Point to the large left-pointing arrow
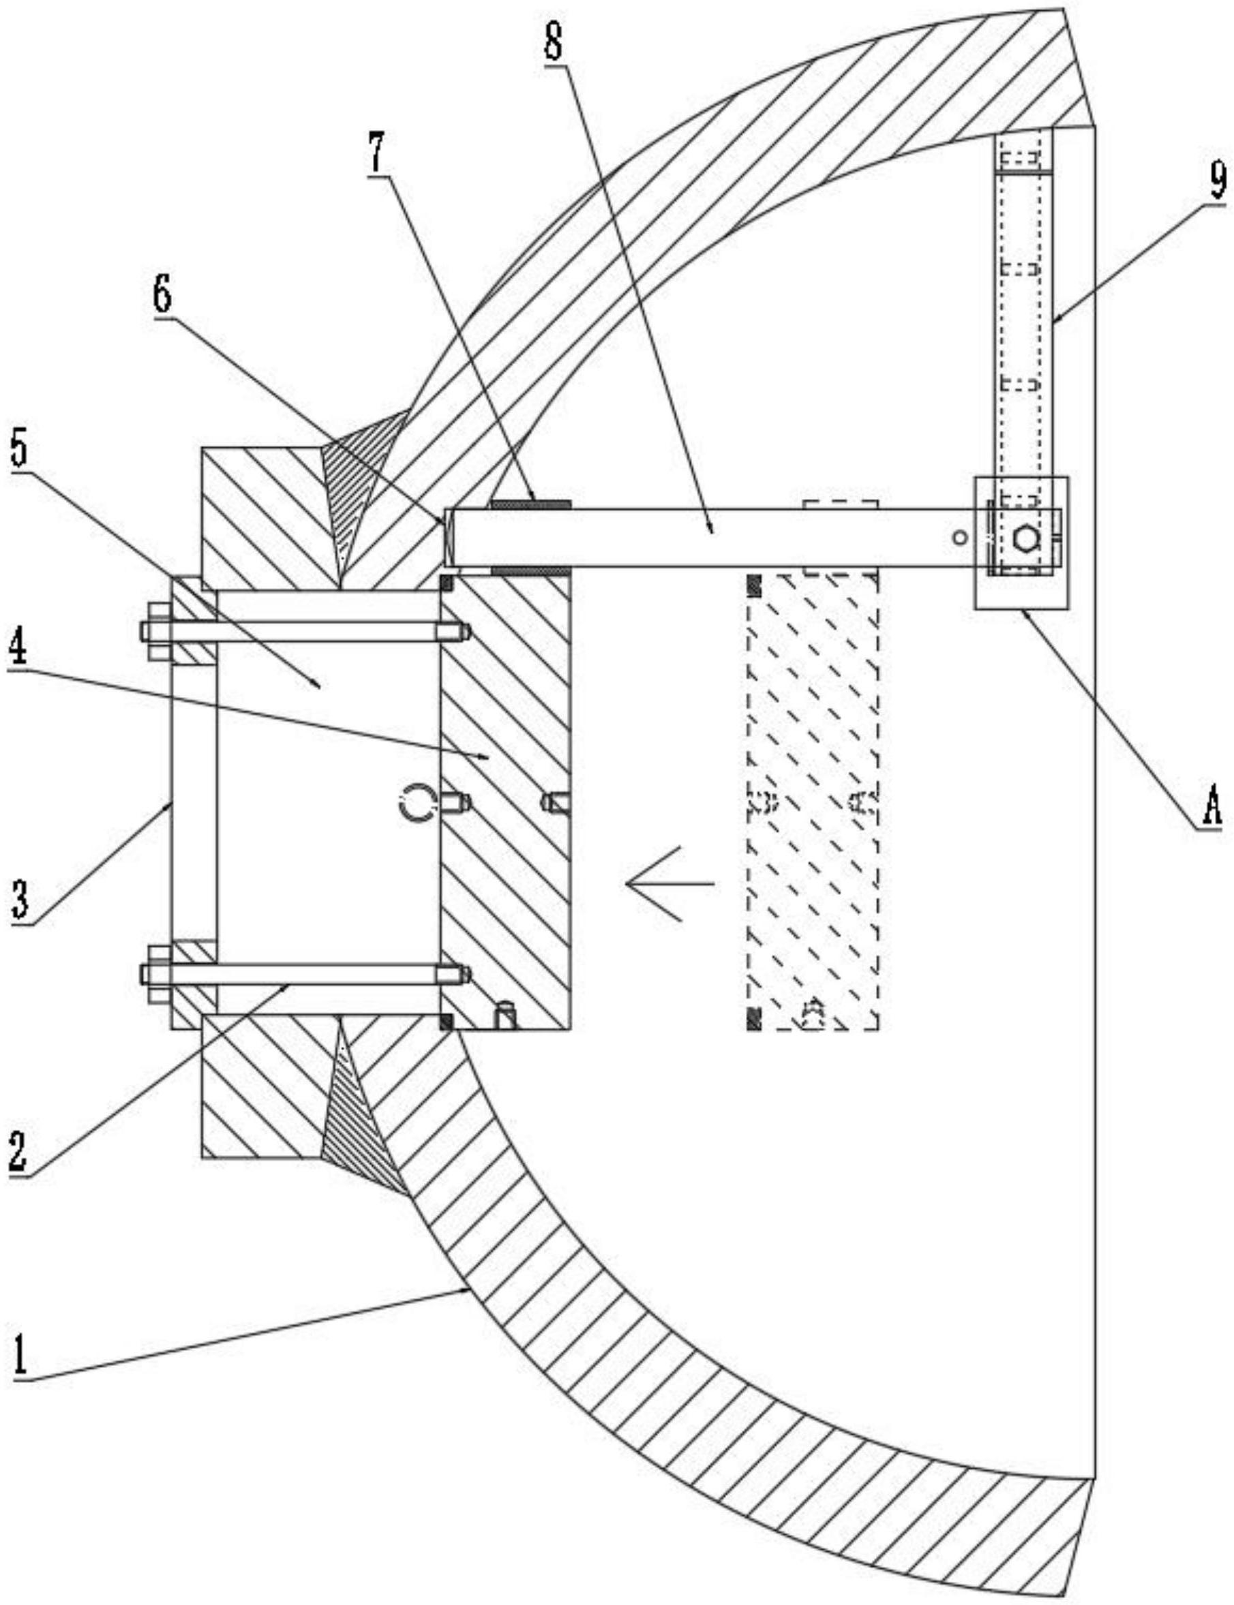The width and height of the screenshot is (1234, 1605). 669,883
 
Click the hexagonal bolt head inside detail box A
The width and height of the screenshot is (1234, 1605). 1025,540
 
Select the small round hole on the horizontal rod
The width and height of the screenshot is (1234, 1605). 959,538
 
